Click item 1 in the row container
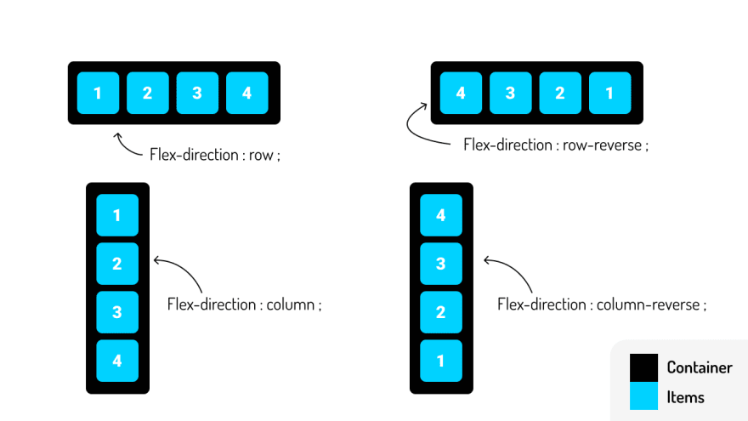pyautogui.click(x=98, y=93)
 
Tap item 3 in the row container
pyautogui.click(x=197, y=93)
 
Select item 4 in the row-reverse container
pyautogui.click(x=461, y=93)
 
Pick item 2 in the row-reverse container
pyautogui.click(x=560, y=93)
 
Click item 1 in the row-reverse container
pyautogui.click(x=609, y=93)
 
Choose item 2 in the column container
pyautogui.click(x=117, y=264)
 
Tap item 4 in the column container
pyautogui.click(x=117, y=361)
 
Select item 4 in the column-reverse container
pyautogui.click(x=440, y=215)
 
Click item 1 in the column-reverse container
pyautogui.click(x=440, y=361)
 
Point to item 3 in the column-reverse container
pyautogui.click(x=440, y=264)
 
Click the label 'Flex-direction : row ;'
pyautogui.click(x=214, y=155)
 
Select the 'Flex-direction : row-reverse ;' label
pyautogui.click(x=556, y=145)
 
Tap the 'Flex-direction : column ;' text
pyautogui.click(x=245, y=304)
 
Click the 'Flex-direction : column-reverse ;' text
pyautogui.click(x=601, y=304)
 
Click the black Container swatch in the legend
pyautogui.click(x=643, y=368)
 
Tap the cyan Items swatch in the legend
pyautogui.click(x=643, y=396)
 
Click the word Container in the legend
pyautogui.click(x=700, y=368)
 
